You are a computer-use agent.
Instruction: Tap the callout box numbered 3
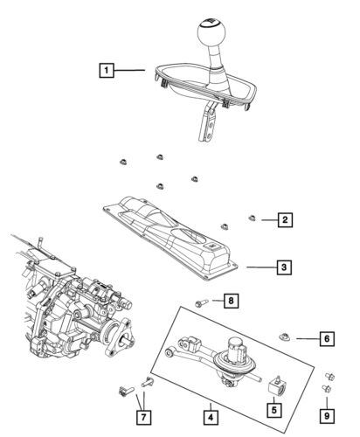point(285,267)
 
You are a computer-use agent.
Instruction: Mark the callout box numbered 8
point(231,302)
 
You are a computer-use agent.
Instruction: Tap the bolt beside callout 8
point(201,302)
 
